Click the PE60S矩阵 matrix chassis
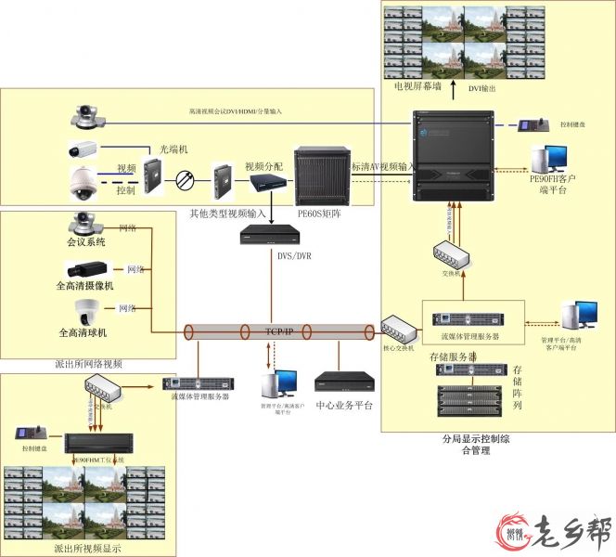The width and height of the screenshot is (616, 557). (x=320, y=176)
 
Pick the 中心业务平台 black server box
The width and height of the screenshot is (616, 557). (x=344, y=382)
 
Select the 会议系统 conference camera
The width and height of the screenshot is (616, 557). (x=84, y=224)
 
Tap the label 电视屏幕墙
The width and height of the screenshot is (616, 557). (x=422, y=87)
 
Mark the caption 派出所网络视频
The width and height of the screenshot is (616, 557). (x=89, y=364)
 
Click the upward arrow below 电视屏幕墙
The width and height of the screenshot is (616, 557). (x=454, y=89)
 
